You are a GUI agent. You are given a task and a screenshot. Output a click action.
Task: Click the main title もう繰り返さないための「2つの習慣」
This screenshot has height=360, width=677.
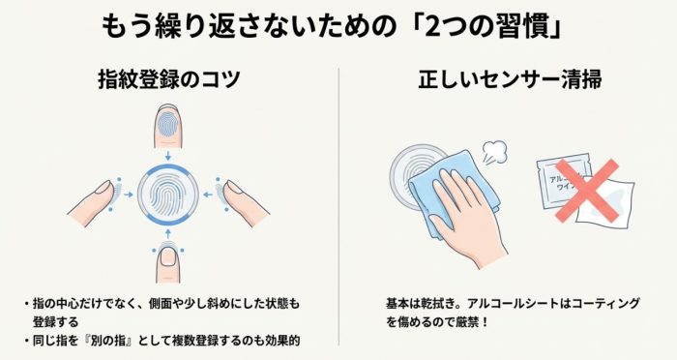coord(332,28)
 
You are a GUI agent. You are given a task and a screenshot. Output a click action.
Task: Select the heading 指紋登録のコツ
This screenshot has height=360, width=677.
coord(169,80)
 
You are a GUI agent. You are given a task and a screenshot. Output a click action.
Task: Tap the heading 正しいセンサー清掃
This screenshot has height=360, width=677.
coord(510,80)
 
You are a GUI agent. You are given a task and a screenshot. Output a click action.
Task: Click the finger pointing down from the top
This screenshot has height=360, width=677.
coord(168,126)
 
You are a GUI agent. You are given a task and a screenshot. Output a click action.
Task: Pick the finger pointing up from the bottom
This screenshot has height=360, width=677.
coord(168,263)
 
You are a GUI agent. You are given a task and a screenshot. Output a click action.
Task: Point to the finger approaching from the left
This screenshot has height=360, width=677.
coord(93,202)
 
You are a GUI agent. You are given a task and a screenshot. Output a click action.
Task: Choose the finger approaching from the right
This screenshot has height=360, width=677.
coord(244,202)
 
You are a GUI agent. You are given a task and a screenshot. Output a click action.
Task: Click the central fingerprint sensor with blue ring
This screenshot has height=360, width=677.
coord(168,195)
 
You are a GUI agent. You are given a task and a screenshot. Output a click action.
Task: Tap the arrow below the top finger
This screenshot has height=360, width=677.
coord(168,156)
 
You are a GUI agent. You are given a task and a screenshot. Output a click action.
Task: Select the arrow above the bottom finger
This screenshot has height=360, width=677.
coord(168,234)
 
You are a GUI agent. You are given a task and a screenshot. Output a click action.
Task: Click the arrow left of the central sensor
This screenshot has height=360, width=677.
coord(129,195)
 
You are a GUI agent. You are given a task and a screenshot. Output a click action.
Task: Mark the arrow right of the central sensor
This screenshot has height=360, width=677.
coord(208,195)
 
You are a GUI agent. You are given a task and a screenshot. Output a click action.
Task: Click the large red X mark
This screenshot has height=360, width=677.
coord(587,191)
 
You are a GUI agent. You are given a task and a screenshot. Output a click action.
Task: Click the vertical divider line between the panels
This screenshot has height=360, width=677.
coord(338,206)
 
